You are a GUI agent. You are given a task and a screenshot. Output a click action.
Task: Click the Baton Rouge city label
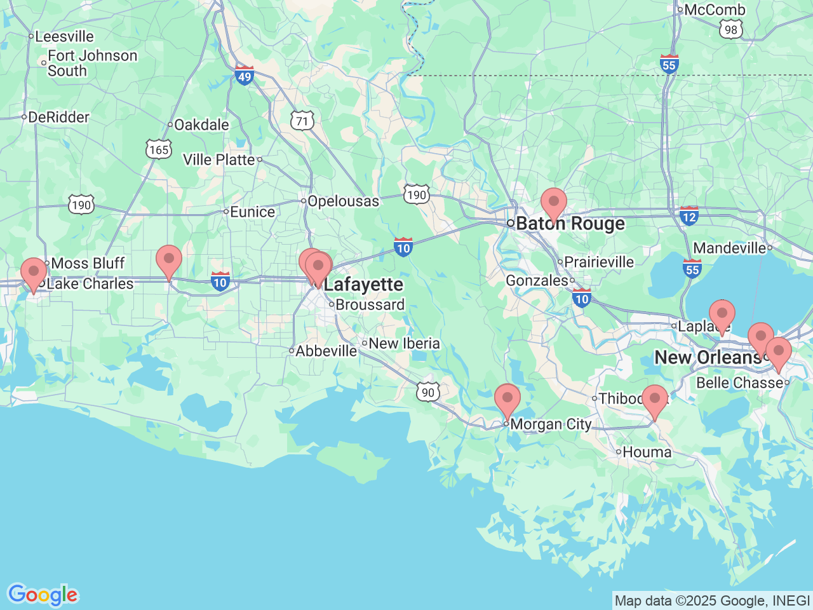570,224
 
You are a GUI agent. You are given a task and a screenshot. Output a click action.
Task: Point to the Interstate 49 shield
244,75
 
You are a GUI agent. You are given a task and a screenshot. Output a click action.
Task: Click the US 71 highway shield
303,121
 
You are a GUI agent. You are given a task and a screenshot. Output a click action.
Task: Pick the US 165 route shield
158,149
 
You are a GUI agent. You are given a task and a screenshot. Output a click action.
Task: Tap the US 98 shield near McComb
731,29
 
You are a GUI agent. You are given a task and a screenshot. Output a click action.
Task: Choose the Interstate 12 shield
689,216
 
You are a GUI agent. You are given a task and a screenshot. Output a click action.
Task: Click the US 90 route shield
428,392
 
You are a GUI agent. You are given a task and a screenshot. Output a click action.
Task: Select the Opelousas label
343,201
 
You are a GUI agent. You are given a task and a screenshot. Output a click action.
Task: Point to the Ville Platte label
219,159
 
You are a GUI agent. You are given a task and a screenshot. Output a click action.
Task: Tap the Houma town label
647,452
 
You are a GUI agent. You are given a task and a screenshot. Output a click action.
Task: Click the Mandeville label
730,248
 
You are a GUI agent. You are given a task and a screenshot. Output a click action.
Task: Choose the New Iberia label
404,344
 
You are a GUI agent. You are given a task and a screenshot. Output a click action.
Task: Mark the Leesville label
64,37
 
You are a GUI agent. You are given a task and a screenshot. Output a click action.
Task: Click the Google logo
43,595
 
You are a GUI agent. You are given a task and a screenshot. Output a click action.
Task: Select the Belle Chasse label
740,383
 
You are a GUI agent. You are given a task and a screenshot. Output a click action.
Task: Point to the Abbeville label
326,351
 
